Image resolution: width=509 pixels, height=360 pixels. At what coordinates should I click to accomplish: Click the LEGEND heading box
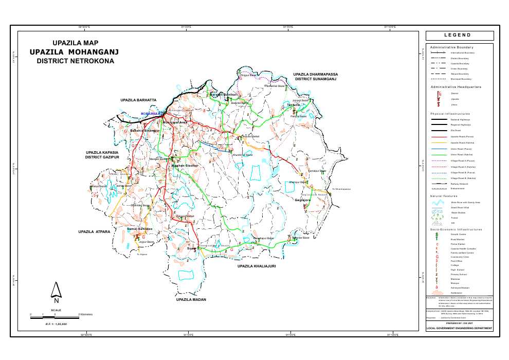pyautogui.click(x=459, y=35)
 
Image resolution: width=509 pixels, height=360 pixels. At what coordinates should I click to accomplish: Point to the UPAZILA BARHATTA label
pyautogui.click(x=138, y=99)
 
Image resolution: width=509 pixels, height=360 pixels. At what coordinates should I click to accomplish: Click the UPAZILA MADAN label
pyautogui.click(x=191, y=299)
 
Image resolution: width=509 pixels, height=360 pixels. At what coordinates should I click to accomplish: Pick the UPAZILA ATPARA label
pyautogui.click(x=95, y=232)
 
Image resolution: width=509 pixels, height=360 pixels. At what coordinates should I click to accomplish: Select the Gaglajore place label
pyautogui.click(x=303, y=200)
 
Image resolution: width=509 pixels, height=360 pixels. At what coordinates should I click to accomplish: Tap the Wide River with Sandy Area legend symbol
pyautogui.click(x=438, y=203)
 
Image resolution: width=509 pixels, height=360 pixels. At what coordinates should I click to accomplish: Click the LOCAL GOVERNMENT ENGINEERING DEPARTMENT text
pyautogui.click(x=459, y=328)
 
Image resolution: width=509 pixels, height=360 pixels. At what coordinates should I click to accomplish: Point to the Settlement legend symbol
pyautogui.click(x=438, y=292)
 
